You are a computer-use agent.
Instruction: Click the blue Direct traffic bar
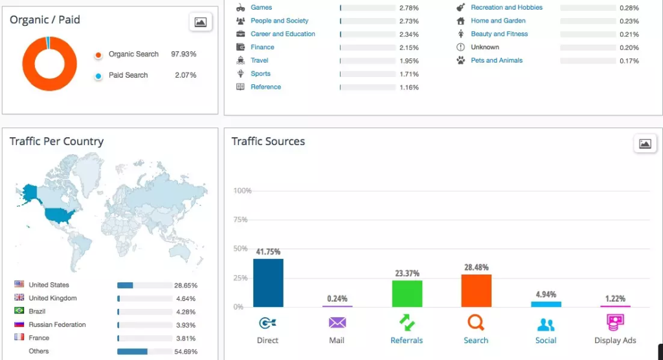pyautogui.click(x=268, y=283)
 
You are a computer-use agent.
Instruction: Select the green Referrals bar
pyautogui.click(x=407, y=293)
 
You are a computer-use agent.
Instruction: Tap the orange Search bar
pyautogui.click(x=476, y=291)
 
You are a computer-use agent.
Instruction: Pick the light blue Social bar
pyautogui.click(x=546, y=304)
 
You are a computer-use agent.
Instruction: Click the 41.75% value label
pyautogui.click(x=268, y=252)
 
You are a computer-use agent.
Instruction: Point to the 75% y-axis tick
pyautogui.click(x=240, y=219)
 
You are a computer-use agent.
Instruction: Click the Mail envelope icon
pyautogui.click(x=337, y=322)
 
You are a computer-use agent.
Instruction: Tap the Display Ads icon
pyautogui.click(x=615, y=322)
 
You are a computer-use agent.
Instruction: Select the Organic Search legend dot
pyautogui.click(x=98, y=55)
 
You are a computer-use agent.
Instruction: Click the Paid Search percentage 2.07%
pyautogui.click(x=185, y=76)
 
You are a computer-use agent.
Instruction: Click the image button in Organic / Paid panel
pyautogui.click(x=201, y=23)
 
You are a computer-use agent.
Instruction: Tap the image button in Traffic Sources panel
pyautogui.click(x=645, y=144)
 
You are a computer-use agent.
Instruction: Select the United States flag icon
pyautogui.click(x=19, y=285)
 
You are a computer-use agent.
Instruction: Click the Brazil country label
pyautogui.click(x=37, y=311)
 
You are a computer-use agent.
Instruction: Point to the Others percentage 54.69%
pyautogui.click(x=186, y=352)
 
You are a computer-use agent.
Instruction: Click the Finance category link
pyautogui.click(x=262, y=47)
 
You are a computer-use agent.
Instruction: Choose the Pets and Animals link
pyautogui.click(x=497, y=61)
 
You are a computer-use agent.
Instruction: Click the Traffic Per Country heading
pyautogui.click(x=56, y=142)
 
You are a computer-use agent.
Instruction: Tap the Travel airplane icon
pyautogui.click(x=240, y=61)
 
